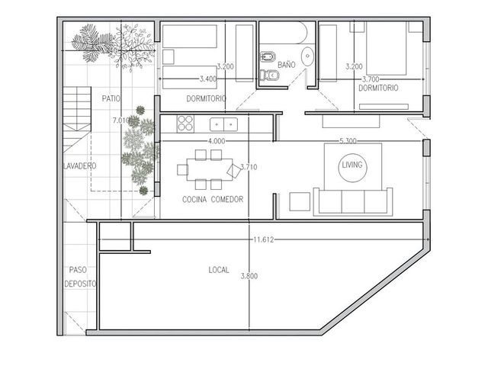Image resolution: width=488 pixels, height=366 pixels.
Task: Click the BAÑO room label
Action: [x=287, y=65]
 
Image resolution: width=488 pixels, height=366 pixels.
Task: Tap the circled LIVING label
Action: [x=352, y=165]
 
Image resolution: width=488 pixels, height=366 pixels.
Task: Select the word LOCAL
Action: [x=219, y=270]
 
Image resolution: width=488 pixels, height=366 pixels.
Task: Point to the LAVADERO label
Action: [x=79, y=166]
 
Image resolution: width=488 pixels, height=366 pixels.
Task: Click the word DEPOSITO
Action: [x=80, y=284]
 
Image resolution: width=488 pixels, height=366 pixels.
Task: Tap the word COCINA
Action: [x=195, y=199]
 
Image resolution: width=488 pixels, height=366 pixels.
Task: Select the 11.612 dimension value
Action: [x=263, y=239]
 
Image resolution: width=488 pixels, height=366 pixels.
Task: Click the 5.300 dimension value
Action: [x=348, y=141]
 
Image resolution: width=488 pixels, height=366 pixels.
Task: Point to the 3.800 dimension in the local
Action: [x=249, y=276]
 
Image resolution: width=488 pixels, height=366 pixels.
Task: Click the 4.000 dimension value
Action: [x=217, y=141]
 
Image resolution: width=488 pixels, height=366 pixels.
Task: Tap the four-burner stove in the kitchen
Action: [x=185, y=124]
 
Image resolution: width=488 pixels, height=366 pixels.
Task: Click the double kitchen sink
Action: [x=223, y=124]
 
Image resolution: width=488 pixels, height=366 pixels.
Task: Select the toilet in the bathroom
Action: [x=269, y=75]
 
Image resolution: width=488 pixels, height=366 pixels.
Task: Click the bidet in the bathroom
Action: [x=268, y=56]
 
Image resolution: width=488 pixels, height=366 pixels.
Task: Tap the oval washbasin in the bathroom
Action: [x=307, y=56]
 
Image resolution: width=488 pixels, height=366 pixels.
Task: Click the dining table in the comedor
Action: [x=210, y=169]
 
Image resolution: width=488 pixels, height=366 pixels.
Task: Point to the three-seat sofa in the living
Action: [x=353, y=201]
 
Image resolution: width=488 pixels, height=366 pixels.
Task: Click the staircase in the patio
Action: [x=77, y=119]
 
